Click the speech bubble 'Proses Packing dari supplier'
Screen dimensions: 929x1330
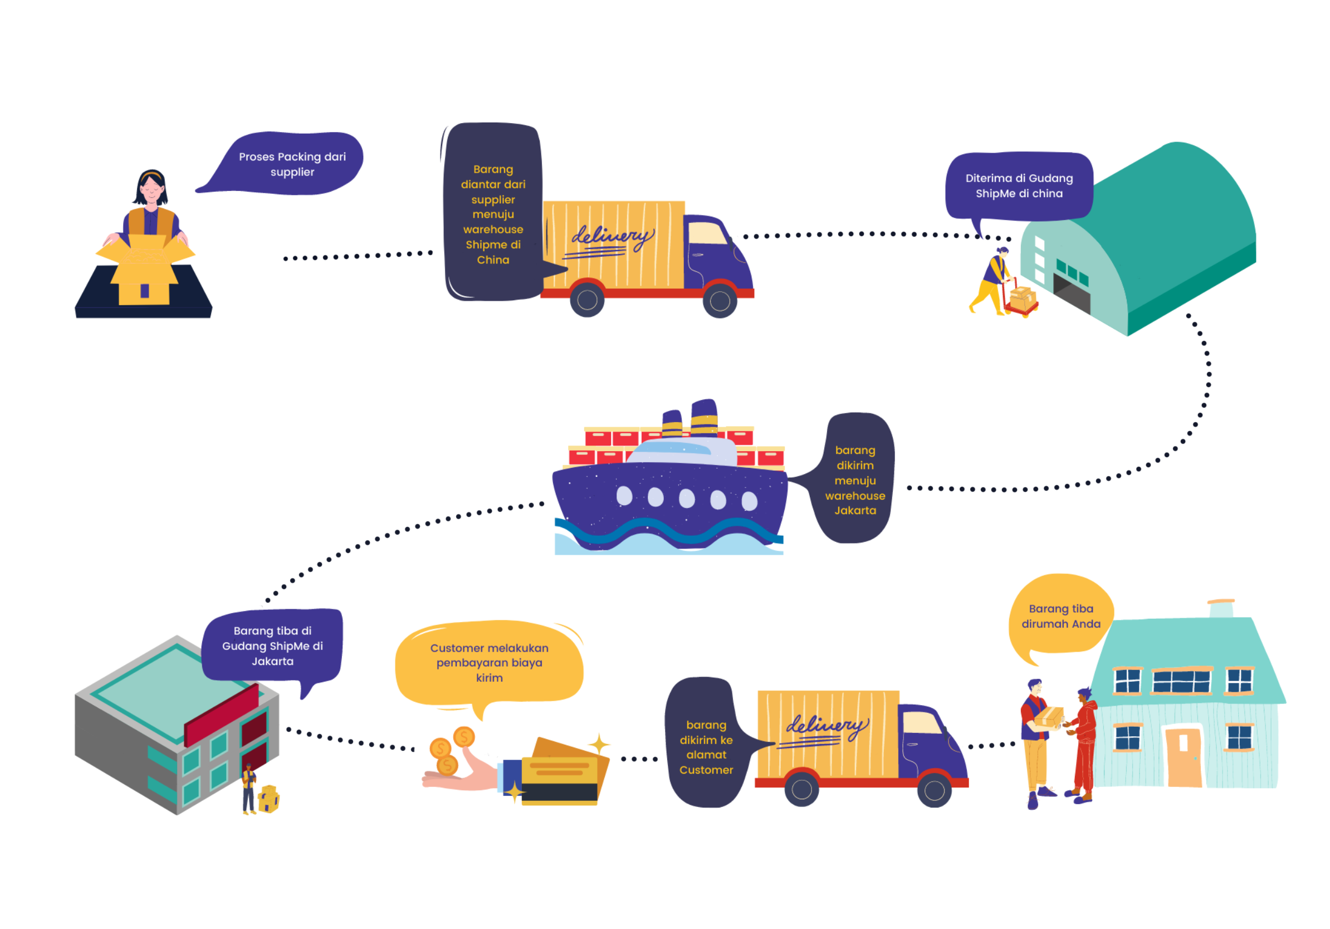292,164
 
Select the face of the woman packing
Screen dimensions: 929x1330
151,189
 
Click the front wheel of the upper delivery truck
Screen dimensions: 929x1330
720,301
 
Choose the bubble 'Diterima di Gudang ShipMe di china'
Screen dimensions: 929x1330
1019,186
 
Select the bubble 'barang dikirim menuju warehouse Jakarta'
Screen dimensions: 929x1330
855,480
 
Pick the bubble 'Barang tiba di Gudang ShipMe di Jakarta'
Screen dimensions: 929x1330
272,645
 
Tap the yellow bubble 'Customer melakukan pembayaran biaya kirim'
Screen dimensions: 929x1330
489,663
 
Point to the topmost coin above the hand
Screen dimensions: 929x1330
464,737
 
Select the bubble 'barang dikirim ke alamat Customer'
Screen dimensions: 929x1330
706,746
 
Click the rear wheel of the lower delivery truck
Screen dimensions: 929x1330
801,789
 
